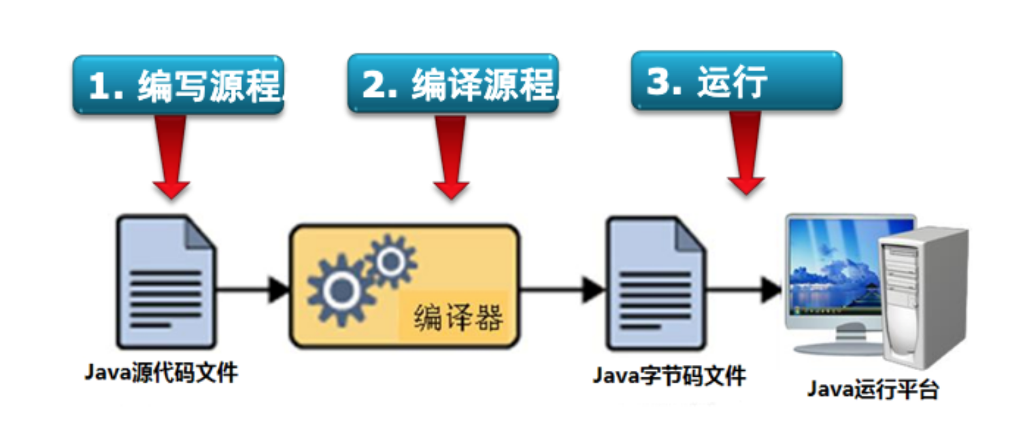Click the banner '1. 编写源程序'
[x=178, y=85]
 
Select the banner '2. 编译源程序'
[x=452, y=84]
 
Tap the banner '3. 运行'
[x=736, y=81]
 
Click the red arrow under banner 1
[x=171, y=157]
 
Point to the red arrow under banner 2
[x=451, y=157]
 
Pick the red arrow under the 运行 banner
[x=746, y=154]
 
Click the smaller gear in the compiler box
[x=391, y=262]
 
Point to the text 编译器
[x=458, y=318]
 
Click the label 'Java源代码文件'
[x=161, y=373]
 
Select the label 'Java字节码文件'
[x=669, y=376]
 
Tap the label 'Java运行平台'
[x=873, y=390]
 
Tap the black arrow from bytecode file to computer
[x=745, y=288]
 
